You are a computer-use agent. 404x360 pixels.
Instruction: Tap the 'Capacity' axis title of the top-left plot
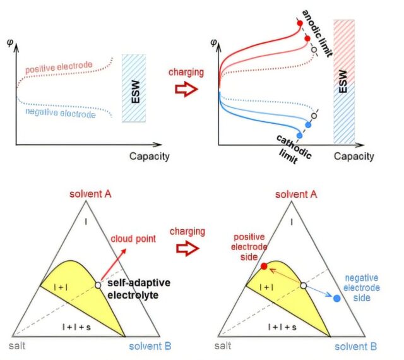[x=150, y=156]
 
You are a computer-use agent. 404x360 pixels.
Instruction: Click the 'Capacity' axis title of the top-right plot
[x=355, y=156]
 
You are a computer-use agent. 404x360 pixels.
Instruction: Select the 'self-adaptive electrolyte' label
[x=134, y=290]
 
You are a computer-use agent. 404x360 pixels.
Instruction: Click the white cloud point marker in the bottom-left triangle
[x=98, y=285]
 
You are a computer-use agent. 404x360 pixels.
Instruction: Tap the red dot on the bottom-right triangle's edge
[x=263, y=266]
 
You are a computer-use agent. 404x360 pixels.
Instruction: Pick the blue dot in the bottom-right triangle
[x=337, y=296]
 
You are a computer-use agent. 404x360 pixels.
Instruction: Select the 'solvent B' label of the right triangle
[x=356, y=347]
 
